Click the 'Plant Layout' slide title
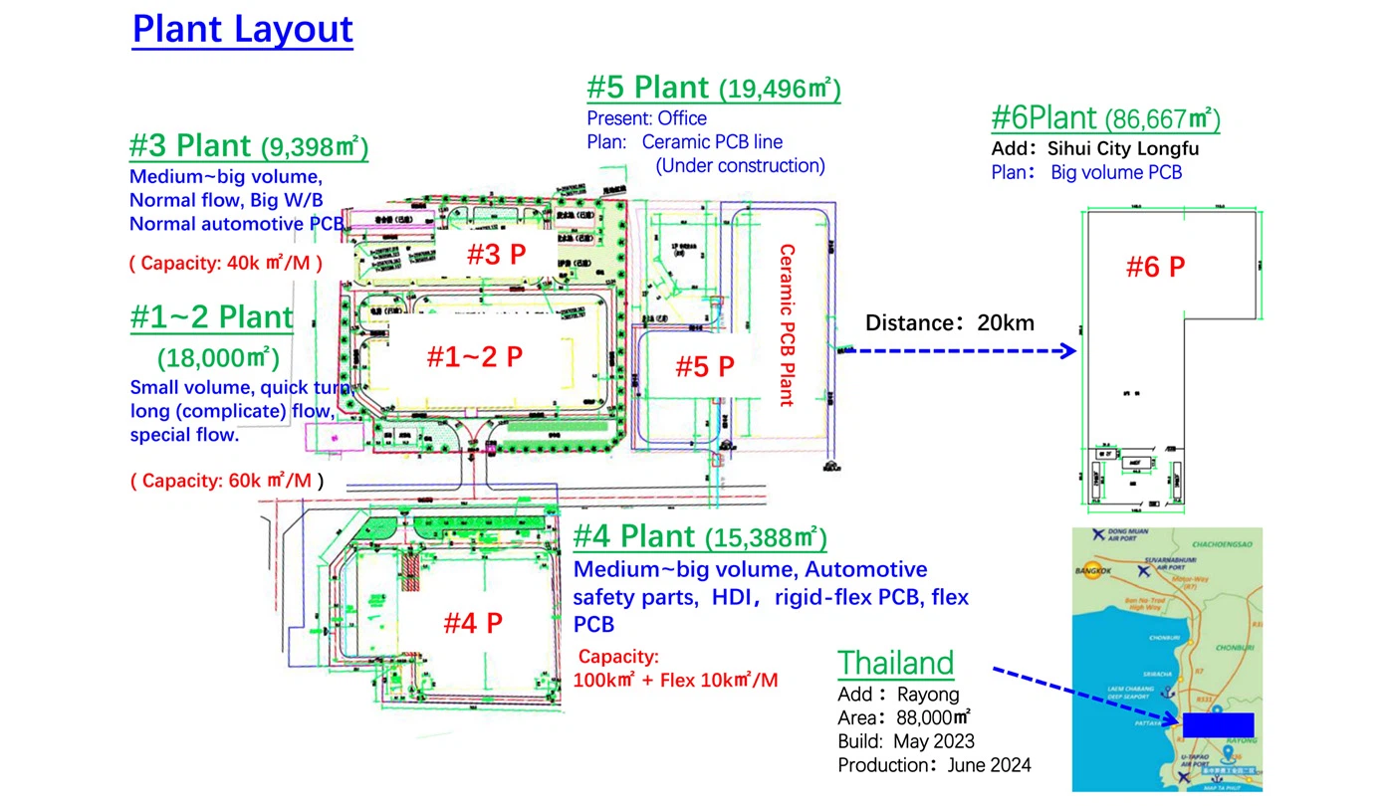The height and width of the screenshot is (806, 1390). pyautogui.click(x=242, y=29)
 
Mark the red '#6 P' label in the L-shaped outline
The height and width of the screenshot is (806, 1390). pyautogui.click(x=1155, y=267)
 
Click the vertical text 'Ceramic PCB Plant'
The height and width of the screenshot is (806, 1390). pyautogui.click(x=787, y=325)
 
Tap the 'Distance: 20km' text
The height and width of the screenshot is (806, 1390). pyautogui.click(x=949, y=322)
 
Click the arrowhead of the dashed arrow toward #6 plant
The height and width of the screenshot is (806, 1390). pyautogui.click(x=1070, y=351)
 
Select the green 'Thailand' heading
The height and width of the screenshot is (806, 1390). pyautogui.click(x=895, y=663)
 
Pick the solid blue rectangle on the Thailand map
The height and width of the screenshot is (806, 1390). pyautogui.click(x=1218, y=725)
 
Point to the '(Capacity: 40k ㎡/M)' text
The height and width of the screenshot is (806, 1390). pyautogui.click(x=225, y=264)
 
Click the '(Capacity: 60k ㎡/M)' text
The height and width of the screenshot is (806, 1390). pyautogui.click(x=227, y=481)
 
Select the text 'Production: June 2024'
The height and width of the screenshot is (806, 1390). pyautogui.click(x=934, y=765)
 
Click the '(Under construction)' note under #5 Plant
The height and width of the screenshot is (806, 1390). pyautogui.click(x=740, y=166)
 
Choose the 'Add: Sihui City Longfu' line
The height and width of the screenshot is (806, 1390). pyautogui.click(x=1095, y=149)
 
